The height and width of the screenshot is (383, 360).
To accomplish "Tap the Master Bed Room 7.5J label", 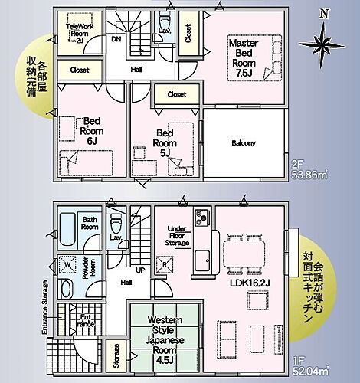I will pyautogui.click(x=247, y=58).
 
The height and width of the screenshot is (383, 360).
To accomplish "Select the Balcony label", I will pyautogui.click(x=243, y=143).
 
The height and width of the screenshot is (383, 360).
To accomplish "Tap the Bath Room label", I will pyautogui.click(x=90, y=223).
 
